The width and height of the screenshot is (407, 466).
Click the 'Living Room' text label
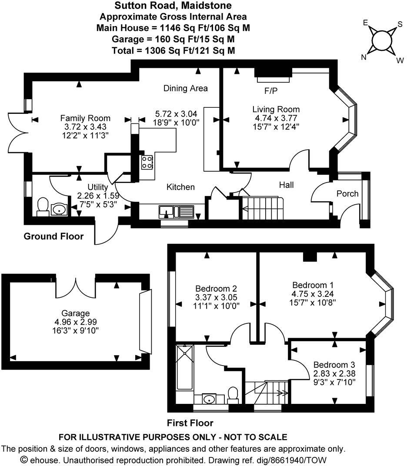276,109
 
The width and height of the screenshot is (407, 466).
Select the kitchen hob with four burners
147,163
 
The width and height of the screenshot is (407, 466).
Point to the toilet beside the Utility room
43,207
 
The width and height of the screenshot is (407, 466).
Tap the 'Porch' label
348,193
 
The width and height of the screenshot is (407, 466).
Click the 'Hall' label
286,185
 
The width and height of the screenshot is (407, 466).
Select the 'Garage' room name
76,313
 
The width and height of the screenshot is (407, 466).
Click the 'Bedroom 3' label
331,364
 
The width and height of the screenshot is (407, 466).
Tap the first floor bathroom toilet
233,394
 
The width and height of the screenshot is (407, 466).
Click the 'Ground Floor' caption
53,236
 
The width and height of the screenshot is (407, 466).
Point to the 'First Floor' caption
190,423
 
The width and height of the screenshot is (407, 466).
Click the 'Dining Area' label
186,88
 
